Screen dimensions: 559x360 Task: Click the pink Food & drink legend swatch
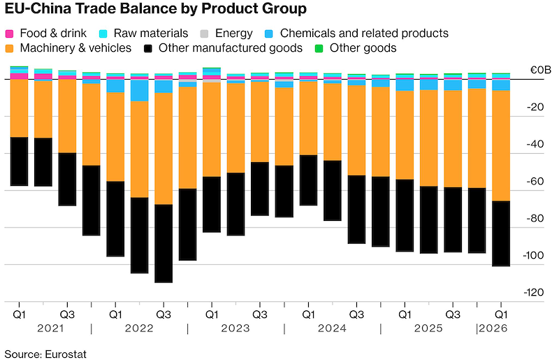9,34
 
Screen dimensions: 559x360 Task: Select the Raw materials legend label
151,33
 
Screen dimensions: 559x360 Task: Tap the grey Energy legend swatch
204,34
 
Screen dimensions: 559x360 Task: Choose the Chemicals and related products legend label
364,33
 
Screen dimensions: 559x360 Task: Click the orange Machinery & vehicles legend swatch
9,48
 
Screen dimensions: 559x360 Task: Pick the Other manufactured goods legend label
231,48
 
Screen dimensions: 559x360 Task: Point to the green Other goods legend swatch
319,48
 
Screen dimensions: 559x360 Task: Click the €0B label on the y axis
540,70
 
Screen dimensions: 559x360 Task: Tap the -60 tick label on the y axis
535,181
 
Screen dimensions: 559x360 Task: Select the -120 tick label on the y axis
533,293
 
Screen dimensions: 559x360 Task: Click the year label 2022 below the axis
139,329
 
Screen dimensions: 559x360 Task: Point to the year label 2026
493,329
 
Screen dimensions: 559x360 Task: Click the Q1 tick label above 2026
501,315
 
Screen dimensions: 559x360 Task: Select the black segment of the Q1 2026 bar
501,233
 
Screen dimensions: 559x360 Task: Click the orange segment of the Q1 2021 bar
20,108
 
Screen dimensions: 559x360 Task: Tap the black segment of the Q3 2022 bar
164,244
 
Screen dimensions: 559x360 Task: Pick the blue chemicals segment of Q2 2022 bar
139,91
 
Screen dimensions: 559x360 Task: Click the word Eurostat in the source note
66,354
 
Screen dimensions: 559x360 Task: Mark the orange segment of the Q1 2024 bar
308,118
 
